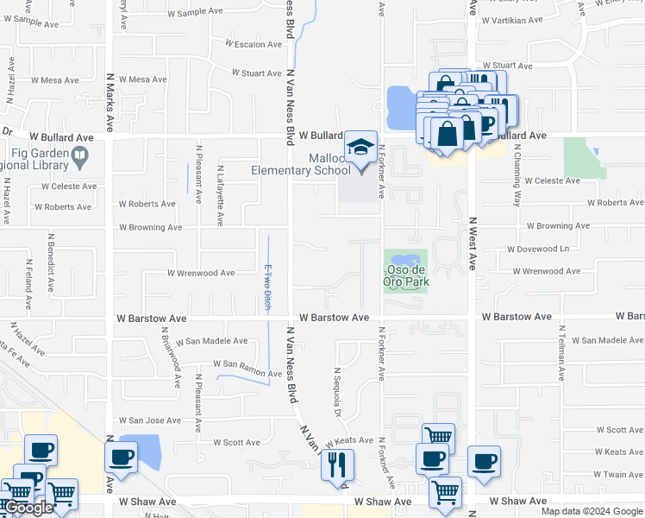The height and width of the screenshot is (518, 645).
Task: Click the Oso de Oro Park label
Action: pyautogui.click(x=406, y=275)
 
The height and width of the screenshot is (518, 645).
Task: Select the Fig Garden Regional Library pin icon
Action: pyautogui.click(x=80, y=157)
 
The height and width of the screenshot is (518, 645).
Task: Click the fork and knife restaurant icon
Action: pyautogui.click(x=337, y=464)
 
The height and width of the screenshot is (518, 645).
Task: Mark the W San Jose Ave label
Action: pyautogui.click(x=150, y=420)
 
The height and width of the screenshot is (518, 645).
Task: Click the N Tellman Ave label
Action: pyautogui.click(x=562, y=354)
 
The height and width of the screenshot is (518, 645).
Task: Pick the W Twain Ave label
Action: pyautogui.click(x=613, y=475)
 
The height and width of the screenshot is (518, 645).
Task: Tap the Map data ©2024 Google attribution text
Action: pyautogui.click(x=592, y=511)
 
